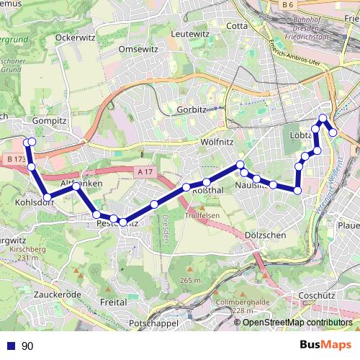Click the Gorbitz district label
[192, 110]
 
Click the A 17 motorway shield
[145, 171]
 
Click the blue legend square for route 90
[10, 346]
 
